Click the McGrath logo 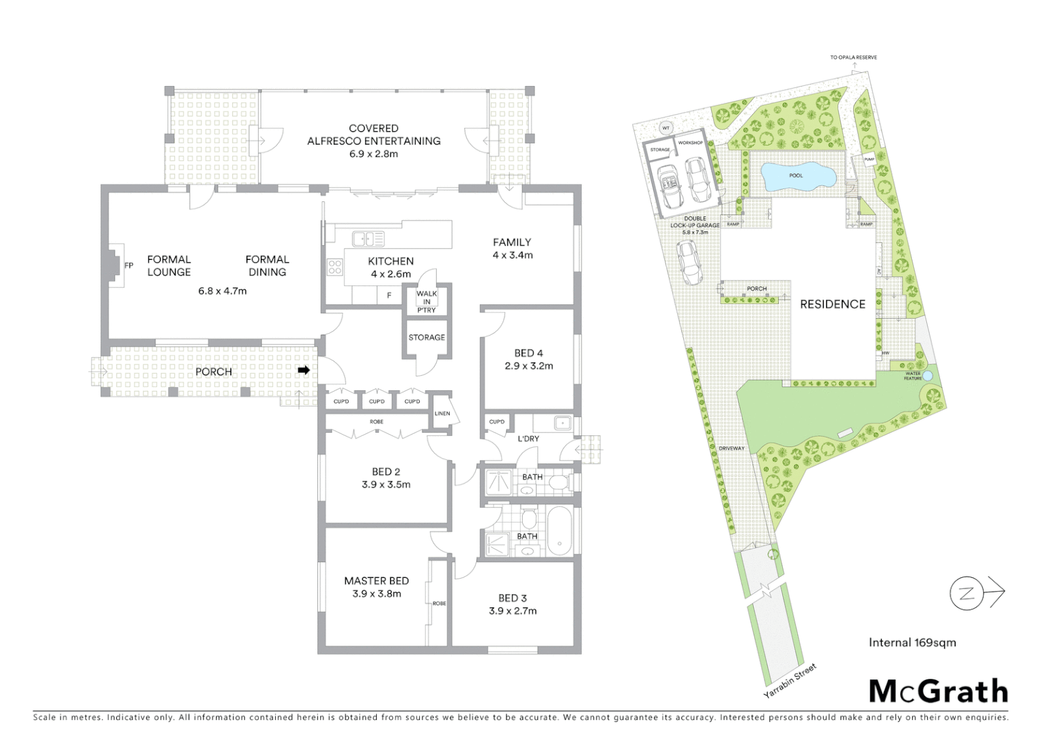(x=938, y=691)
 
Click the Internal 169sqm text (x=912, y=642)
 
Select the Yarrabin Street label (x=790, y=680)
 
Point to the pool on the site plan (x=797, y=176)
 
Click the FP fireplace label (x=128, y=265)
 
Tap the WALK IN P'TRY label (x=427, y=302)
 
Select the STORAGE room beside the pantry (x=427, y=337)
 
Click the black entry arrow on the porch (x=304, y=371)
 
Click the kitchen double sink (x=368, y=239)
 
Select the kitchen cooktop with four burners (x=334, y=267)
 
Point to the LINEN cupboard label (x=442, y=414)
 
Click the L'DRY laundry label (x=528, y=439)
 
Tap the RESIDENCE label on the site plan (x=832, y=304)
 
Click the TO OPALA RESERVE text (x=853, y=57)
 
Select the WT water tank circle (x=666, y=128)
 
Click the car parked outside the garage (x=689, y=261)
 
